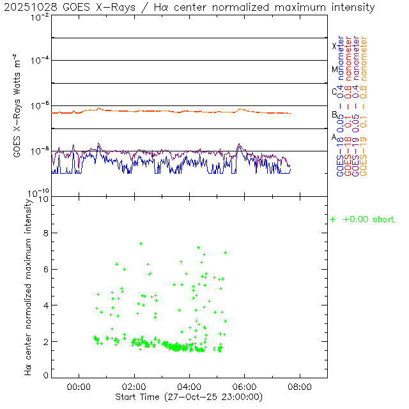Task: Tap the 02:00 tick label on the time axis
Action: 134,387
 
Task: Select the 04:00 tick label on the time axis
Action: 190,387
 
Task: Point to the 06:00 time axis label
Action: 245,387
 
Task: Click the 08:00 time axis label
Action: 300,387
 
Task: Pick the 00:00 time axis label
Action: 79,387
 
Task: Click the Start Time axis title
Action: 189,397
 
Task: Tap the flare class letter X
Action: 334,46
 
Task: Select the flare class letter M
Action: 334,69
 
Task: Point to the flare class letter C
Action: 334,91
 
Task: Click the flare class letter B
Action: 334,114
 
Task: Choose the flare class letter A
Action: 334,137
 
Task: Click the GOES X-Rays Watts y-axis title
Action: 19,106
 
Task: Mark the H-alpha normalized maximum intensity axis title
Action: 28,286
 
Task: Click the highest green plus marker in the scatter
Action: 141,243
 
